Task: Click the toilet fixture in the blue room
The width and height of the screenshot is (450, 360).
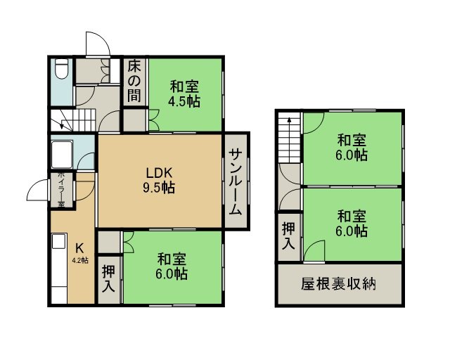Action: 61,69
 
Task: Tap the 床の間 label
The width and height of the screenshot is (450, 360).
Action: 134,82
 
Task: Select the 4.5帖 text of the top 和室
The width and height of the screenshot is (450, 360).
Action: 184,101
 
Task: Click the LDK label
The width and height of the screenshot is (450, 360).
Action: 159,173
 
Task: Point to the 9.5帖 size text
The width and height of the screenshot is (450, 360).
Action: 159,188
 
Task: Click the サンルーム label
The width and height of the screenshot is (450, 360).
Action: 235,181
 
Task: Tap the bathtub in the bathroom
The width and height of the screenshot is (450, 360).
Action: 62,155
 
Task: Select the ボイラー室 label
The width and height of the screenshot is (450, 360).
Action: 61,189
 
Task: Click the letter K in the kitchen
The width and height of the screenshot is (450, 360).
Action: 79,247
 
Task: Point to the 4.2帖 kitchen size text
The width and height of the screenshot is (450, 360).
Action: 80,261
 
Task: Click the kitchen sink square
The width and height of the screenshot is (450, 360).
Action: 59,241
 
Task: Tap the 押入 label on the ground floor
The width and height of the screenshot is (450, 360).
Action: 109,278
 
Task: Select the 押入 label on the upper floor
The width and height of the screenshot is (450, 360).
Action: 288,236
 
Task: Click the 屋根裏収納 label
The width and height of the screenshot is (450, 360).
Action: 339,284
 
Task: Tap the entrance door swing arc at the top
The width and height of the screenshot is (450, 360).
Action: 98,43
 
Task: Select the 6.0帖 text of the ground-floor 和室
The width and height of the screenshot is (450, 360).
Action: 172,274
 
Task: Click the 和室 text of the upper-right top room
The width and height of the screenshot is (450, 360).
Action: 352,141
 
